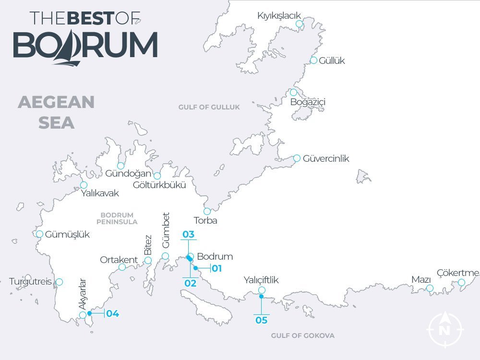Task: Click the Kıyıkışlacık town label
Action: coord(279,16)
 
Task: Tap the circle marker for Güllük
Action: coord(313,60)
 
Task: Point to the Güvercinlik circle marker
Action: coord(297,158)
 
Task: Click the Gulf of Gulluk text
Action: coord(209,107)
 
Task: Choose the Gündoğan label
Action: coord(128,174)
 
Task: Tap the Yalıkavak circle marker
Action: coord(84,185)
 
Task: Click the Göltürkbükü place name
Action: coord(159,185)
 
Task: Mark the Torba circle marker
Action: coord(207,211)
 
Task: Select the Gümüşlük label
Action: coord(67,235)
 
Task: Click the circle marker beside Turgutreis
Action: coord(59,282)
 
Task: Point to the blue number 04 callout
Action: coord(112,314)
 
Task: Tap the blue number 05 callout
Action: coord(262,320)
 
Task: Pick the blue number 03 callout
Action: coord(188,235)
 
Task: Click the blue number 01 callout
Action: coord(216,268)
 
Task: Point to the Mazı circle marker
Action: coord(430,288)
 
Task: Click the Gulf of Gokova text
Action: coord(302,336)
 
